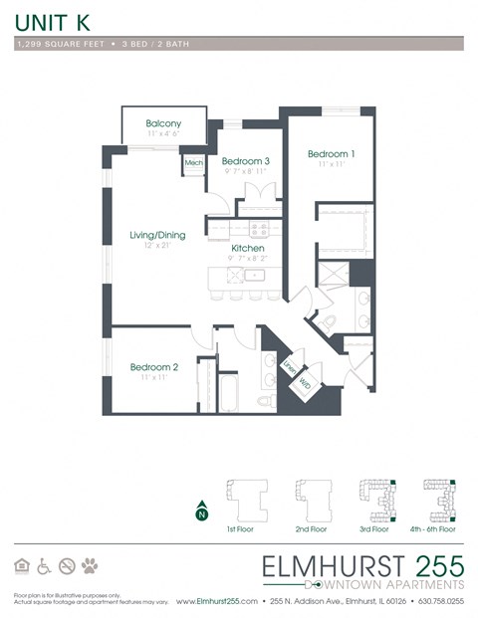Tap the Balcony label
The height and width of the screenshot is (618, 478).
162,123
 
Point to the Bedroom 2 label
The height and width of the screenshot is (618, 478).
154,368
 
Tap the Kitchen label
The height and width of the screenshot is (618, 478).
248,249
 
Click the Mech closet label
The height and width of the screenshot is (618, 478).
193,162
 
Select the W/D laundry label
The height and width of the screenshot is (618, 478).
304,381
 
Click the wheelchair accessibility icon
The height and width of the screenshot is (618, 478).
43,566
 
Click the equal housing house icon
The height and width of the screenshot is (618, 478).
21,566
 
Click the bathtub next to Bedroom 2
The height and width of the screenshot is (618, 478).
228,391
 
